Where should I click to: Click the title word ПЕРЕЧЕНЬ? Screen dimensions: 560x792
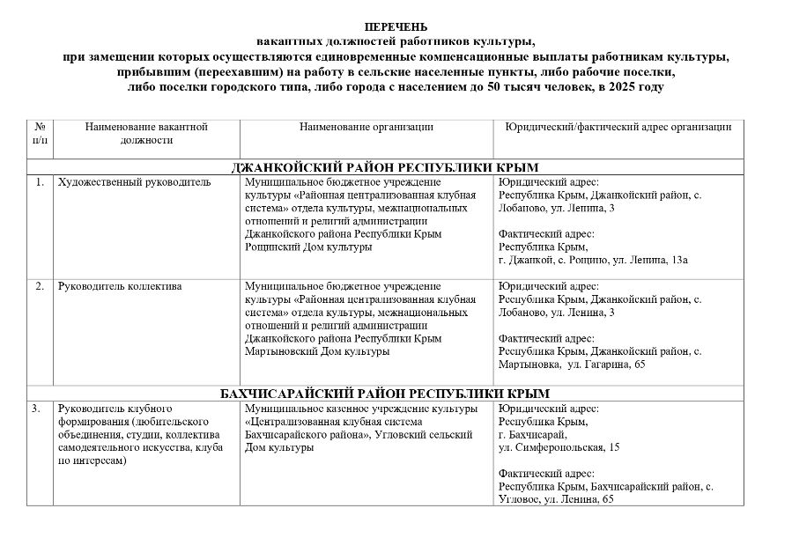click(x=396, y=27)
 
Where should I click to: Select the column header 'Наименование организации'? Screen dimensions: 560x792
click(x=366, y=127)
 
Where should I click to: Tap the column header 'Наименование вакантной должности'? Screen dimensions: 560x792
click(x=146, y=133)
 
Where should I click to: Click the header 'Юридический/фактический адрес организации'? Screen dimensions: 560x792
click(x=618, y=127)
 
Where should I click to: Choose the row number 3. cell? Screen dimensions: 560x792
click(x=36, y=409)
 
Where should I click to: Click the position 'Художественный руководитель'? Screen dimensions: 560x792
click(x=134, y=183)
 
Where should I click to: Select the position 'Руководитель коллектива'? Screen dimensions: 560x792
click(x=120, y=287)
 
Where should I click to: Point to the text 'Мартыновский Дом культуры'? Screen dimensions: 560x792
click(x=317, y=351)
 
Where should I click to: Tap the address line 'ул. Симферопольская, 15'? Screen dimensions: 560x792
click(x=559, y=447)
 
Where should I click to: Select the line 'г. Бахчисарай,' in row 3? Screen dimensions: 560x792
click(x=533, y=434)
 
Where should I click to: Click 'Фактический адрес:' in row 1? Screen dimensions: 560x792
click(x=546, y=233)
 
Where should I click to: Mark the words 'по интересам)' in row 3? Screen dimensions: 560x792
click(x=92, y=460)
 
